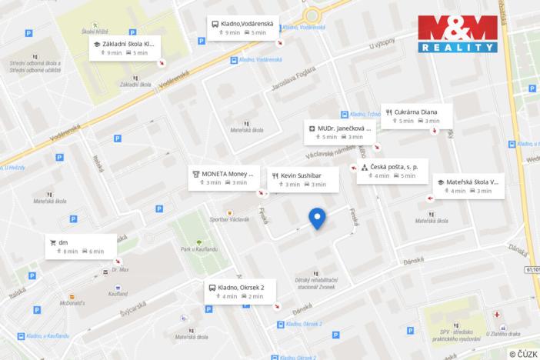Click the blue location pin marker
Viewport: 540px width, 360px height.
(x=318, y=218)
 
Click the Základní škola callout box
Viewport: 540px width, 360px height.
(x=128, y=48)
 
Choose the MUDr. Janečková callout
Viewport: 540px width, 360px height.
(x=341, y=132)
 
